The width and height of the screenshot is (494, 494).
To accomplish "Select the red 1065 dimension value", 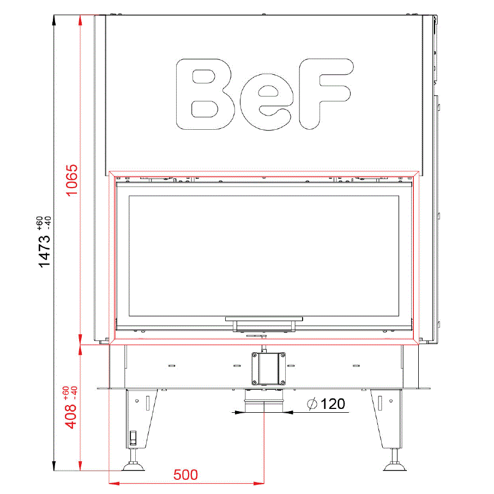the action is (x=71, y=180).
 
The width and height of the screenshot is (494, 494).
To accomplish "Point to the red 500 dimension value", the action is (x=185, y=475).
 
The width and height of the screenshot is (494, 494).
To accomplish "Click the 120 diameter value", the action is (x=333, y=404).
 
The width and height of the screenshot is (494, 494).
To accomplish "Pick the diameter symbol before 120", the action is (x=312, y=404).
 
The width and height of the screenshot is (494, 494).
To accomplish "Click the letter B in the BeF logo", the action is (x=206, y=94).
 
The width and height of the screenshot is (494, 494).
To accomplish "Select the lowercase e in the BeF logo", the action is (x=267, y=102).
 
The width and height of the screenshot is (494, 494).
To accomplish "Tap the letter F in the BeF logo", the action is (x=327, y=94).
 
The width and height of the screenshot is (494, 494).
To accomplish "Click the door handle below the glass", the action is (x=264, y=324).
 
